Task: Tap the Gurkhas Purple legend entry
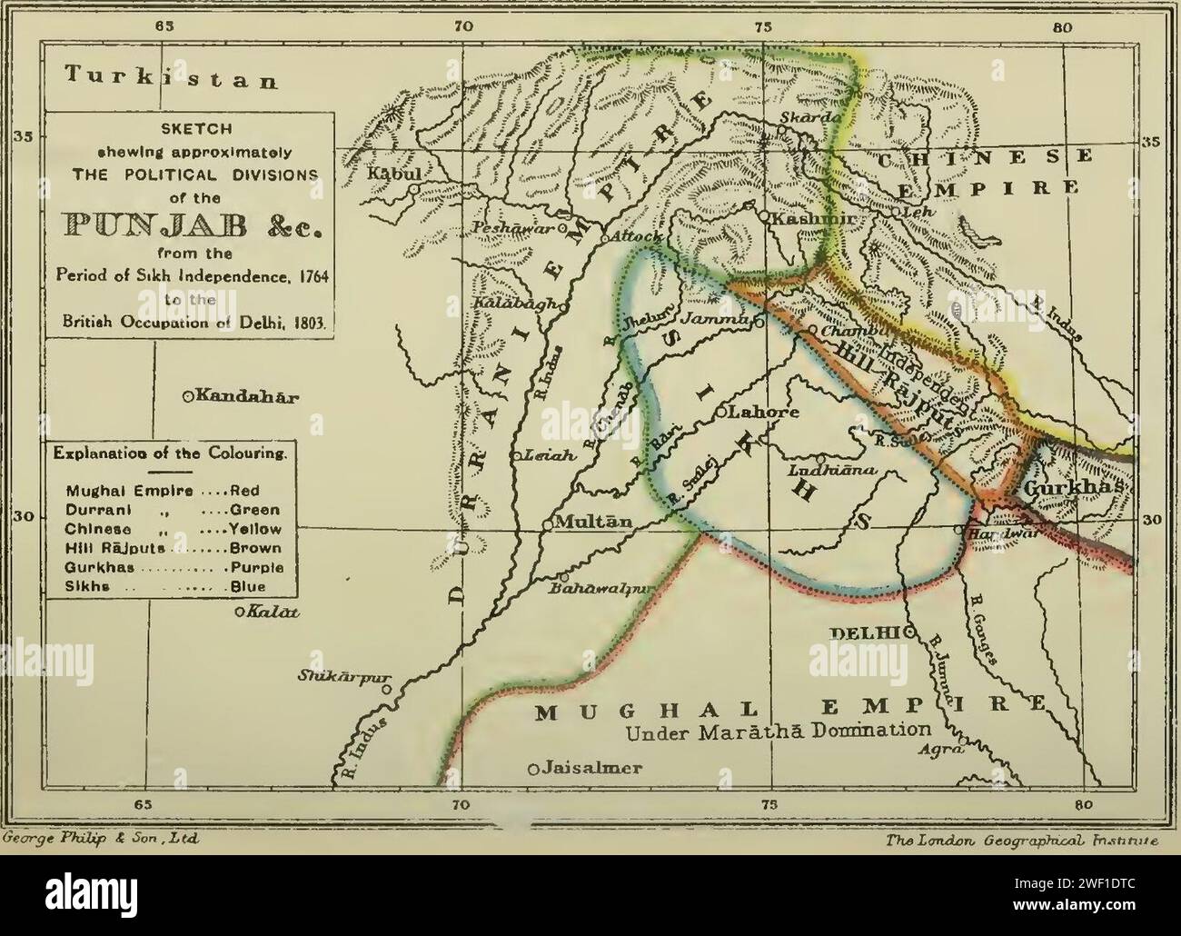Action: point(173,567)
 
